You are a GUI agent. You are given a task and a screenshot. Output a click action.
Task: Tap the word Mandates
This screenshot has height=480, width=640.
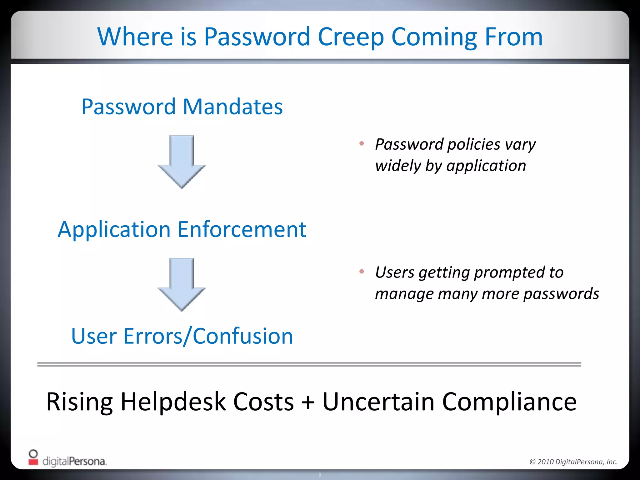[232, 107]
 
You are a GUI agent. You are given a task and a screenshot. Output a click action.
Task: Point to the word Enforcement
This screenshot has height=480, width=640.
[242, 229]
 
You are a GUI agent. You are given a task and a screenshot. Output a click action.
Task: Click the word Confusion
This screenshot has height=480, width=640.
[243, 336]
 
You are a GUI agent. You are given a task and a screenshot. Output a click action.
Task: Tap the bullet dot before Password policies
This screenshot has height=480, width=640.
[362, 144]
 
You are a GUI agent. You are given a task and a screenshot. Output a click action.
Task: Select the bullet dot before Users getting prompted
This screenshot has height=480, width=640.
[362, 272]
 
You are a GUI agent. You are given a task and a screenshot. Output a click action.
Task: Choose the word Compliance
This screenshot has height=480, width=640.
[509, 402]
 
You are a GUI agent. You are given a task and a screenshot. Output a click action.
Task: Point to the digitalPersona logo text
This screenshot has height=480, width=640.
[74, 461]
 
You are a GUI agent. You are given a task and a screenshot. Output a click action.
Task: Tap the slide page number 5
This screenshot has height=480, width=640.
[320, 475]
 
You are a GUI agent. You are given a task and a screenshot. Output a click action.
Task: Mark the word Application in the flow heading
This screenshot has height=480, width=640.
[114, 230]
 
